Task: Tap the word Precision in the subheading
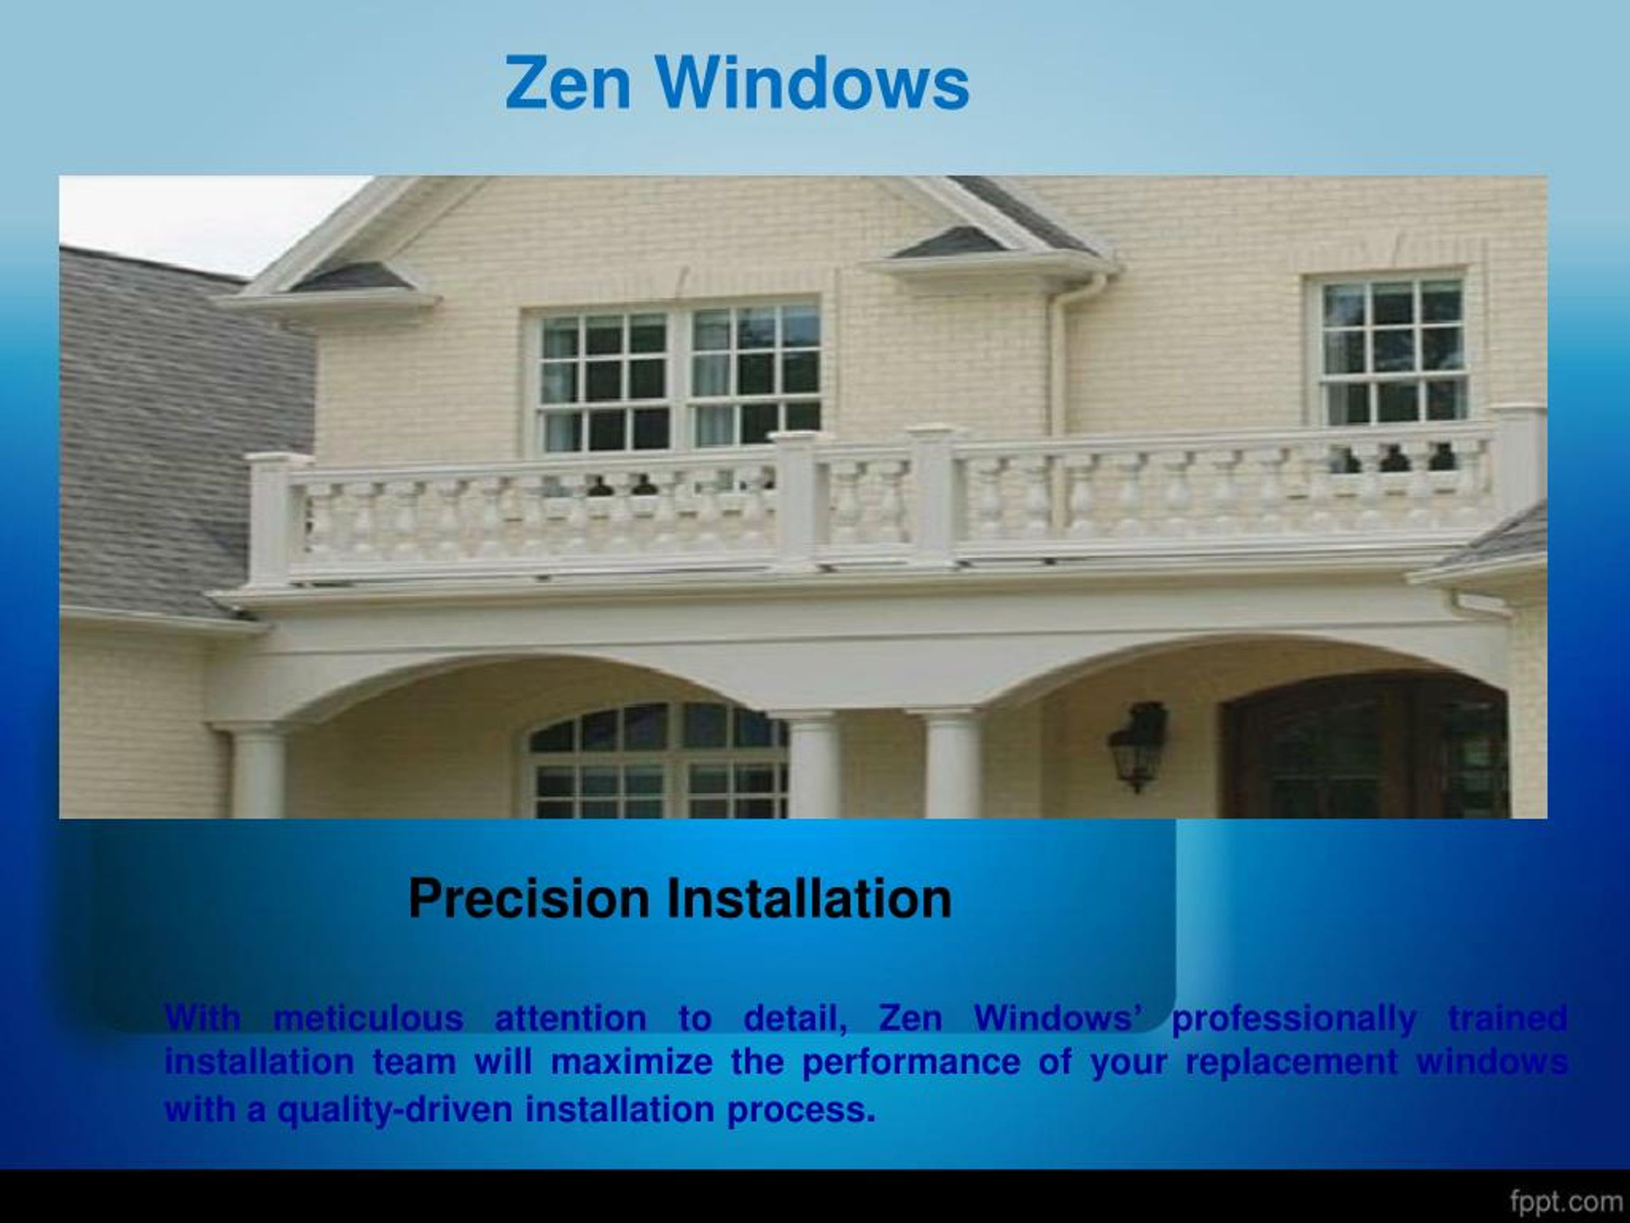pyautogui.click(x=529, y=899)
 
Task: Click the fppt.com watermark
pyautogui.click(x=1565, y=1201)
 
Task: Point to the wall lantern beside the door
pyautogui.click(x=1138, y=745)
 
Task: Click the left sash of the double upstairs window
pyautogui.click(x=604, y=381)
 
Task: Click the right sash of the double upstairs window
pyautogui.click(x=755, y=376)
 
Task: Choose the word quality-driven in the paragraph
pyautogui.click(x=394, y=1110)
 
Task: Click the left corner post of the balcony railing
pyautogui.click(x=270, y=516)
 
